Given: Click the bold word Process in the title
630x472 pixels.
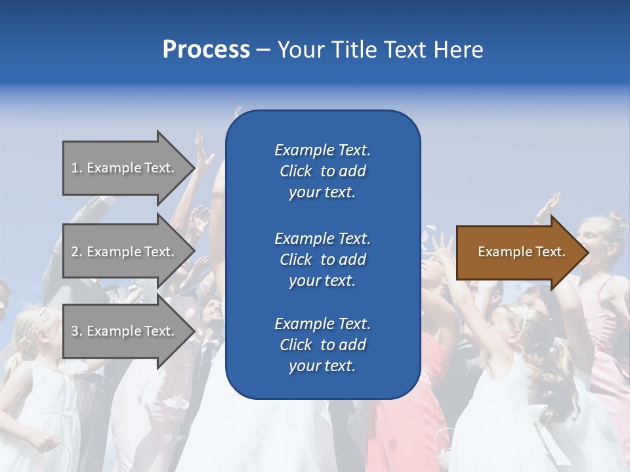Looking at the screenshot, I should [x=206, y=50].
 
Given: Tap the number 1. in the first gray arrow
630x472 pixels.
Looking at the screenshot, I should [x=77, y=168].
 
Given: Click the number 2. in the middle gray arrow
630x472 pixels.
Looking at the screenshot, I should [x=77, y=252].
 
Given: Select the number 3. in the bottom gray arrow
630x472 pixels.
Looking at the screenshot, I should [x=77, y=331].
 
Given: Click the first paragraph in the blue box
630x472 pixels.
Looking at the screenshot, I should [x=322, y=171].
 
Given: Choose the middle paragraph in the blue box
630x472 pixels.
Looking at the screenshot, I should [x=322, y=260].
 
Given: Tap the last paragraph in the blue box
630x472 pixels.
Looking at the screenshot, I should [x=322, y=345].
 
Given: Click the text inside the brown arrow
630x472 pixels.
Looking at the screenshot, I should [x=522, y=252].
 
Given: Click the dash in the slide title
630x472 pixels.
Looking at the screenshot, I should [x=263, y=50].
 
